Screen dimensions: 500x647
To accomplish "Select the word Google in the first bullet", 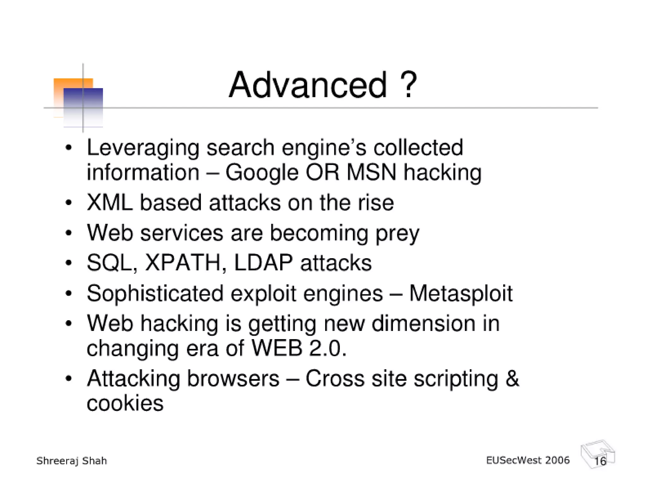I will pyautogui.click(x=262, y=173).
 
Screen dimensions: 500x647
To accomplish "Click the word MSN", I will pyautogui.click(x=371, y=173).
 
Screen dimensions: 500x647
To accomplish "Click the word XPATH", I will pyautogui.click(x=183, y=263).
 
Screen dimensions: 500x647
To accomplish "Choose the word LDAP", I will pyautogui.click(x=263, y=263).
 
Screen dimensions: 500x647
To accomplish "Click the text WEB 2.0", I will pyautogui.click(x=299, y=348).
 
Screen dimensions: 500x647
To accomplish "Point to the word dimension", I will pyautogui.click(x=423, y=324).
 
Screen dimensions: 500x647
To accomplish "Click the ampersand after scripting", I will pyautogui.click(x=512, y=378).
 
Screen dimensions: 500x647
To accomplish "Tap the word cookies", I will pyautogui.click(x=125, y=404).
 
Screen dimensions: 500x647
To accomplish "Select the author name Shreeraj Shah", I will pyautogui.click(x=72, y=461).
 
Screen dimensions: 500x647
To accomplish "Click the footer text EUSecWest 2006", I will pyautogui.click(x=528, y=460).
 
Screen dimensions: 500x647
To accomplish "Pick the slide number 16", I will pyautogui.click(x=600, y=461).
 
